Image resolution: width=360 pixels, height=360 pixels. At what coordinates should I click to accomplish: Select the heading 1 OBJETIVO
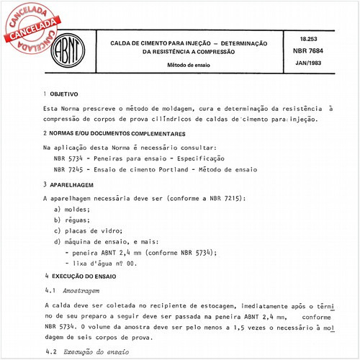(x=65, y=94)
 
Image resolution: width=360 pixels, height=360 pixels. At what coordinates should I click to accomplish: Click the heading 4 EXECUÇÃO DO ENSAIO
(x=93, y=276)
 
